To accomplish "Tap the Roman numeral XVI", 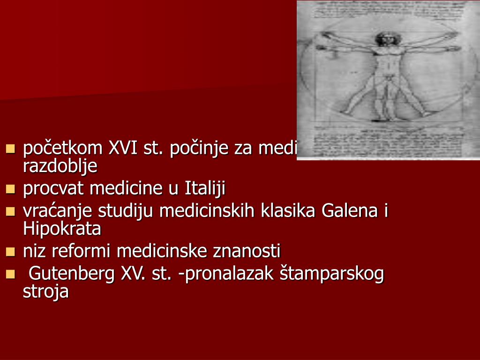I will tap(123, 149).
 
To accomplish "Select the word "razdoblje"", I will tap(60, 165).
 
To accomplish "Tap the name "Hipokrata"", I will tap(62, 228).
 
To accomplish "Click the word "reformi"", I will tap(82, 251).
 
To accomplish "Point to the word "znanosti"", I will tap(247, 251).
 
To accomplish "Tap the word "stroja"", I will tap(46, 291).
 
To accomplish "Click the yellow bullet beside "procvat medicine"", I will tap(11, 189).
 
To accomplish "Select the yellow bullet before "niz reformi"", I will tap(11, 252).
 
